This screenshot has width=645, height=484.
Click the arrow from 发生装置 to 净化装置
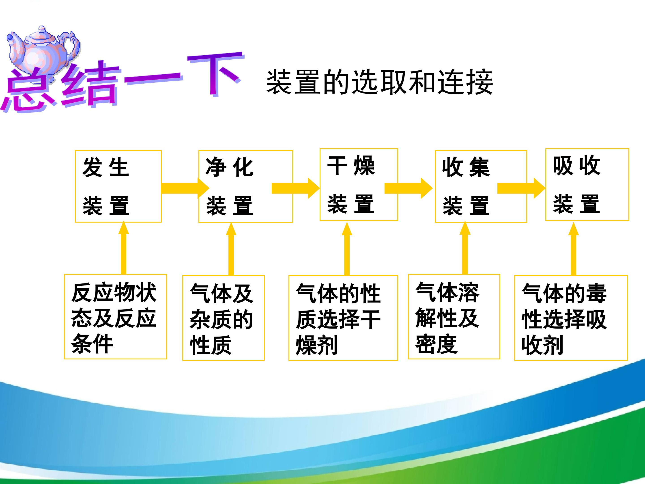185,188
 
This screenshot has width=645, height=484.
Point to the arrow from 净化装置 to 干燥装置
296,188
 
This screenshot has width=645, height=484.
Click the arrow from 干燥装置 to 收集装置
408,188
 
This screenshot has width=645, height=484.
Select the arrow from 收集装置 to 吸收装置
521,188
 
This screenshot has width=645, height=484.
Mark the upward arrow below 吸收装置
574,249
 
